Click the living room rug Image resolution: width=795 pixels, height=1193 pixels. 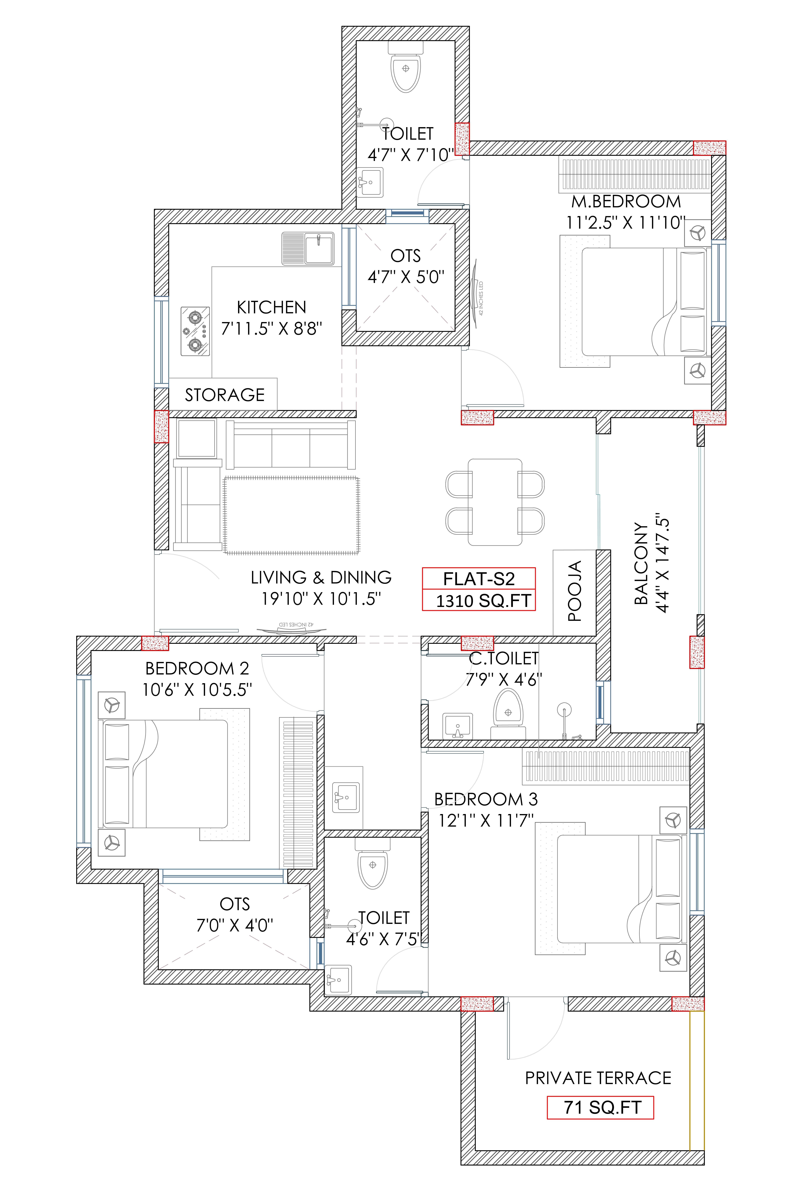tap(291, 515)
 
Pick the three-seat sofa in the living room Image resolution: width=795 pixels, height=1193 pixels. tap(290, 444)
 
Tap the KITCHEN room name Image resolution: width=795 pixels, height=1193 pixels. tap(271, 307)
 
